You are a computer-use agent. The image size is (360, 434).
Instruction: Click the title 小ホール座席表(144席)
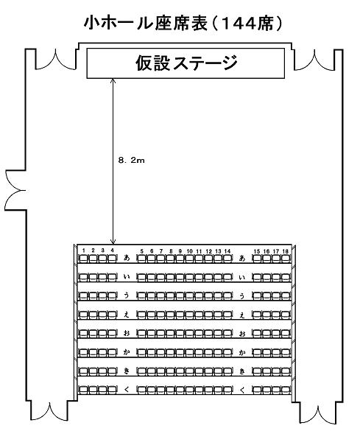click(183, 24)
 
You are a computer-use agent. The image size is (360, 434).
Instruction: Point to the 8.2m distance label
click(131, 160)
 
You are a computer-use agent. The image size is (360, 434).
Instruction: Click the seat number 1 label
click(83, 251)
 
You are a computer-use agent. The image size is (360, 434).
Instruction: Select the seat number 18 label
click(286, 251)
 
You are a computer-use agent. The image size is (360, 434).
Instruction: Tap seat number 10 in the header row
click(189, 251)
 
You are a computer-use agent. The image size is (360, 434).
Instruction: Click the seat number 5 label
click(142, 251)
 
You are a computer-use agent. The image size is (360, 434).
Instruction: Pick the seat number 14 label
click(227, 251)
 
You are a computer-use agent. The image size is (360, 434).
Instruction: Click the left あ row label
click(127, 258)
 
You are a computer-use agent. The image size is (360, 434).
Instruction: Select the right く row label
click(242, 391)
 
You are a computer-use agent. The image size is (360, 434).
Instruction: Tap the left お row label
click(127, 333)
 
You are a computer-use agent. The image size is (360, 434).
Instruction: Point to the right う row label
click(242, 296)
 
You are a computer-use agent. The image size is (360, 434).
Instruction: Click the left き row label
click(127, 371)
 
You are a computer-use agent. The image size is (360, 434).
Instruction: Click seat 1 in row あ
click(83, 259)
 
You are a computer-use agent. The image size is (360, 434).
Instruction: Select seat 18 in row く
click(286, 390)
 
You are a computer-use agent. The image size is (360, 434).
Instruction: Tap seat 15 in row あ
click(257, 259)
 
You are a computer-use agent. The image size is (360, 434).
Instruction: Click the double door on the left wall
click(16, 190)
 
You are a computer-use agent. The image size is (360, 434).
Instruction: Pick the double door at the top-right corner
click(314, 60)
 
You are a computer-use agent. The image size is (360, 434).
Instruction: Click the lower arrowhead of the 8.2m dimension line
click(113, 242)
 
